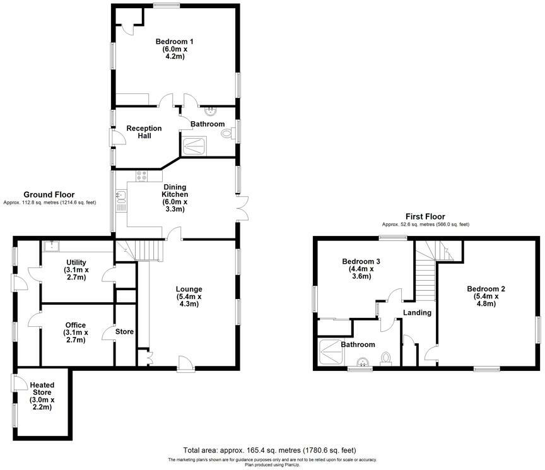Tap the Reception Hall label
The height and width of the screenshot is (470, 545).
(x=144, y=132)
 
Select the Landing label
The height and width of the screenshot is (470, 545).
(x=417, y=312)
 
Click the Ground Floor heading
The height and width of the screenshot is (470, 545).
(x=49, y=194)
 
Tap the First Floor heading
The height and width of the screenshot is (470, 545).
(x=425, y=216)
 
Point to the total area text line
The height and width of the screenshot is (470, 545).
(x=270, y=450)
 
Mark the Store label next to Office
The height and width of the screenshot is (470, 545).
(x=124, y=331)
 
